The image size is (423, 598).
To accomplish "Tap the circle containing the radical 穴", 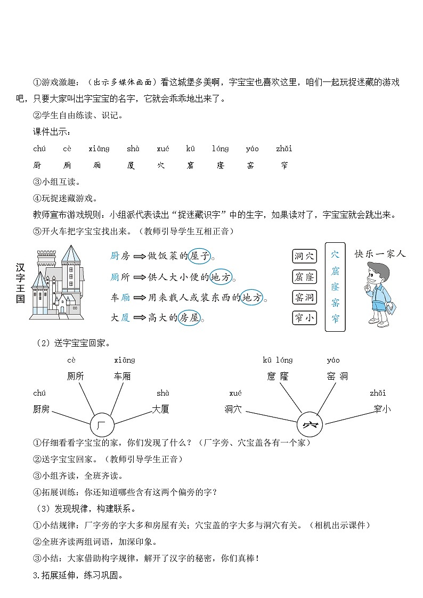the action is point(310,425).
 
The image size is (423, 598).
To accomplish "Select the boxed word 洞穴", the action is point(305,256).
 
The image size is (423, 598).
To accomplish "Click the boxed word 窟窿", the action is point(305,277).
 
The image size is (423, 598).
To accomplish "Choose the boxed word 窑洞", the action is point(305,297).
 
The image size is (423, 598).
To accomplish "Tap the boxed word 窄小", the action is point(305,318).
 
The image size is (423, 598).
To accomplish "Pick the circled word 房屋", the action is point(188,318).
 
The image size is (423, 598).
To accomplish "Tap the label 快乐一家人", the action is point(380,253).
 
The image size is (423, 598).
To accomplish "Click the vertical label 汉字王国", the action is point(20,282).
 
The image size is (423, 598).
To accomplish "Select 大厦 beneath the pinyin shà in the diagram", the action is point(160,409).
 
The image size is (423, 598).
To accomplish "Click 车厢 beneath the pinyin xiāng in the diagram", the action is point(122,376).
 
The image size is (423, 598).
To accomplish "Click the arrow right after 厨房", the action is point(140,257).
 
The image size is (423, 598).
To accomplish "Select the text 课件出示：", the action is point(51,132).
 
